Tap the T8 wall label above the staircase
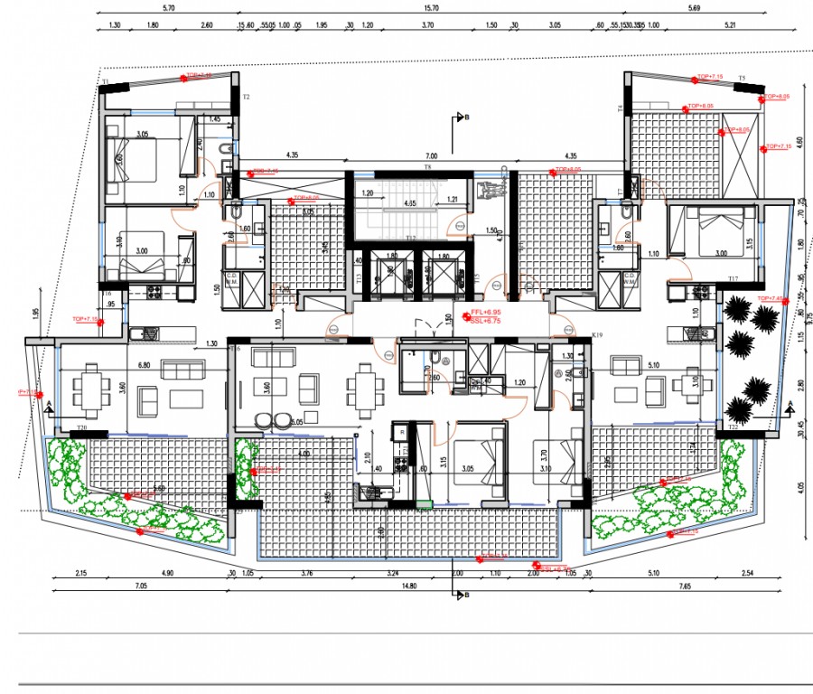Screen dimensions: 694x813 [x=429, y=168]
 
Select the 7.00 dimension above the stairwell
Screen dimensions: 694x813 [x=432, y=156]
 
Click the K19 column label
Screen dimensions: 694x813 [x=596, y=335]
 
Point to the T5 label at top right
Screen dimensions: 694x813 [x=742, y=79]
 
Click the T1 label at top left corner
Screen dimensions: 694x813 [x=105, y=82]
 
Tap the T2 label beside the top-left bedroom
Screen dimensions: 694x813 [x=245, y=96]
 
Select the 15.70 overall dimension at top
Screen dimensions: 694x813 [x=431, y=8]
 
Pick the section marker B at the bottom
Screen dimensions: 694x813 [x=465, y=595]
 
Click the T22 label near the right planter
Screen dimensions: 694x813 [x=734, y=427]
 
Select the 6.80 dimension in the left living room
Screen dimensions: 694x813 [x=143, y=365]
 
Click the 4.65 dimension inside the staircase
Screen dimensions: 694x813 [x=409, y=203]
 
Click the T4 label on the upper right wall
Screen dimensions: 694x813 [x=621, y=108]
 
